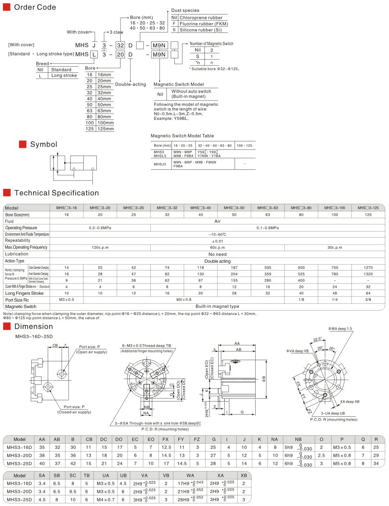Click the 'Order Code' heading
pos(35,7)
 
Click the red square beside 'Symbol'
pos(23,144)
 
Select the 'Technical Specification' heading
pos(56,193)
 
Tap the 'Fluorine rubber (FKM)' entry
pos(203,24)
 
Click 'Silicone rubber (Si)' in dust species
pos(201,30)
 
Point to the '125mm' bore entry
pos(105,129)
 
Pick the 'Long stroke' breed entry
pos(64,76)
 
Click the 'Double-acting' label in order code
pos(131,84)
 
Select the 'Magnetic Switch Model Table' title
pos(182,136)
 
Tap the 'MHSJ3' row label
pos(160,164)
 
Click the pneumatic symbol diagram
pos(74,164)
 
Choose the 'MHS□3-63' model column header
pos(267,208)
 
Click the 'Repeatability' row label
pos(18,240)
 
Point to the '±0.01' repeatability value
pos(218,241)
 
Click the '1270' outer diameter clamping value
pos(368,267)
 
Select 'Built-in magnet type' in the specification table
pos(217,306)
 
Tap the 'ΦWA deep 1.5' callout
pos(340,329)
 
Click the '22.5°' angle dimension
pos(317,339)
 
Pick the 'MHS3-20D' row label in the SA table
pos(19,491)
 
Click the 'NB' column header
pos(298,439)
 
